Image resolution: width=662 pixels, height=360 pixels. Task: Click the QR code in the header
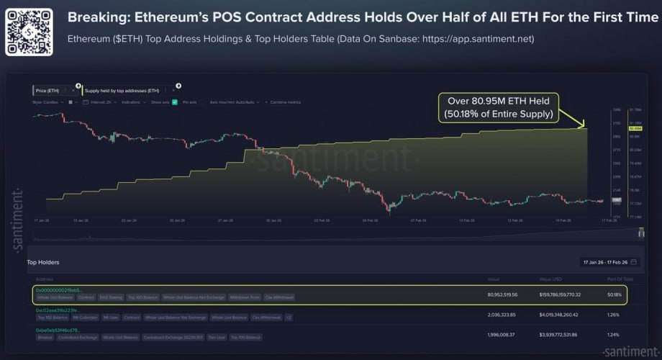coord(28,32)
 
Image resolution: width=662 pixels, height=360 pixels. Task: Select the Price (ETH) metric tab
coord(55,91)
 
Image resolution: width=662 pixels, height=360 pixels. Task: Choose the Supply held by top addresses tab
coord(122,91)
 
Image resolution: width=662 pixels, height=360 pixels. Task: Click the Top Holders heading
coord(43,262)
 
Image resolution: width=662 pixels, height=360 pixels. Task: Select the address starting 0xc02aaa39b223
coord(61,310)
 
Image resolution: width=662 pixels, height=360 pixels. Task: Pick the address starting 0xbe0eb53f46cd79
coord(62,330)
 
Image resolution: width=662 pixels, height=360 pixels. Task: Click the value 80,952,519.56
coord(502,294)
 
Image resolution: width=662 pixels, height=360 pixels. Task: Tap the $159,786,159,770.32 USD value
coord(559,294)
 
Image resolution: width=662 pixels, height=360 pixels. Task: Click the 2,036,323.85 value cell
coord(502,314)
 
